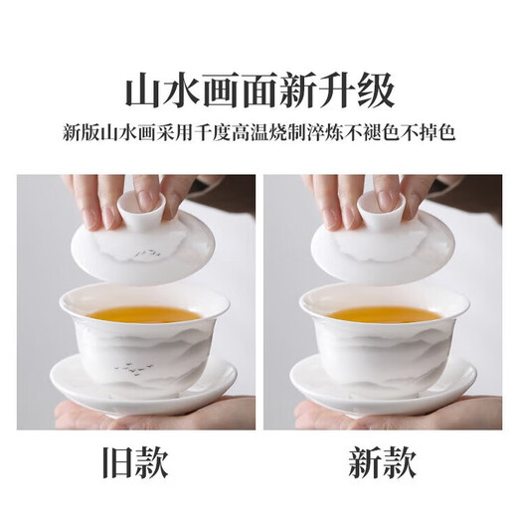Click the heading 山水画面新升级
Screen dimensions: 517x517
(258, 90)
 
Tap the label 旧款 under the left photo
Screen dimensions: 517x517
(133, 463)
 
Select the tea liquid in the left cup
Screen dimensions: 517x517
(145, 313)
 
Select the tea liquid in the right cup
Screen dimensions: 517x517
(384, 313)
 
